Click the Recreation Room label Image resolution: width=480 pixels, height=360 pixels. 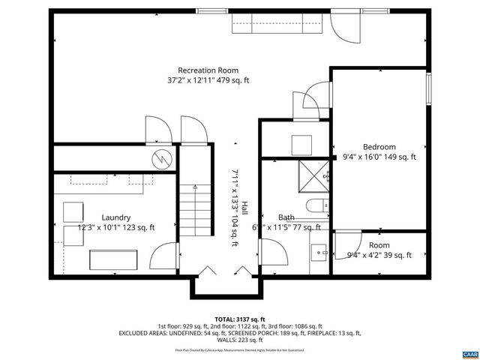click(208, 70)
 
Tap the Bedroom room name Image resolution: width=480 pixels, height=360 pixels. click(379, 147)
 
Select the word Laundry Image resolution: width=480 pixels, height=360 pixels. click(95, 217)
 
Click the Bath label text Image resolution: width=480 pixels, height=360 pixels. click(286, 217)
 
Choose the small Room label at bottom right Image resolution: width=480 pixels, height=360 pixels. click(379, 245)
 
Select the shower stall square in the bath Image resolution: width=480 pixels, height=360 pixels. click(312, 175)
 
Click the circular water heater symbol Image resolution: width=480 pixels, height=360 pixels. click(161, 158)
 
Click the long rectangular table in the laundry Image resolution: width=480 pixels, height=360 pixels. click(114, 259)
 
